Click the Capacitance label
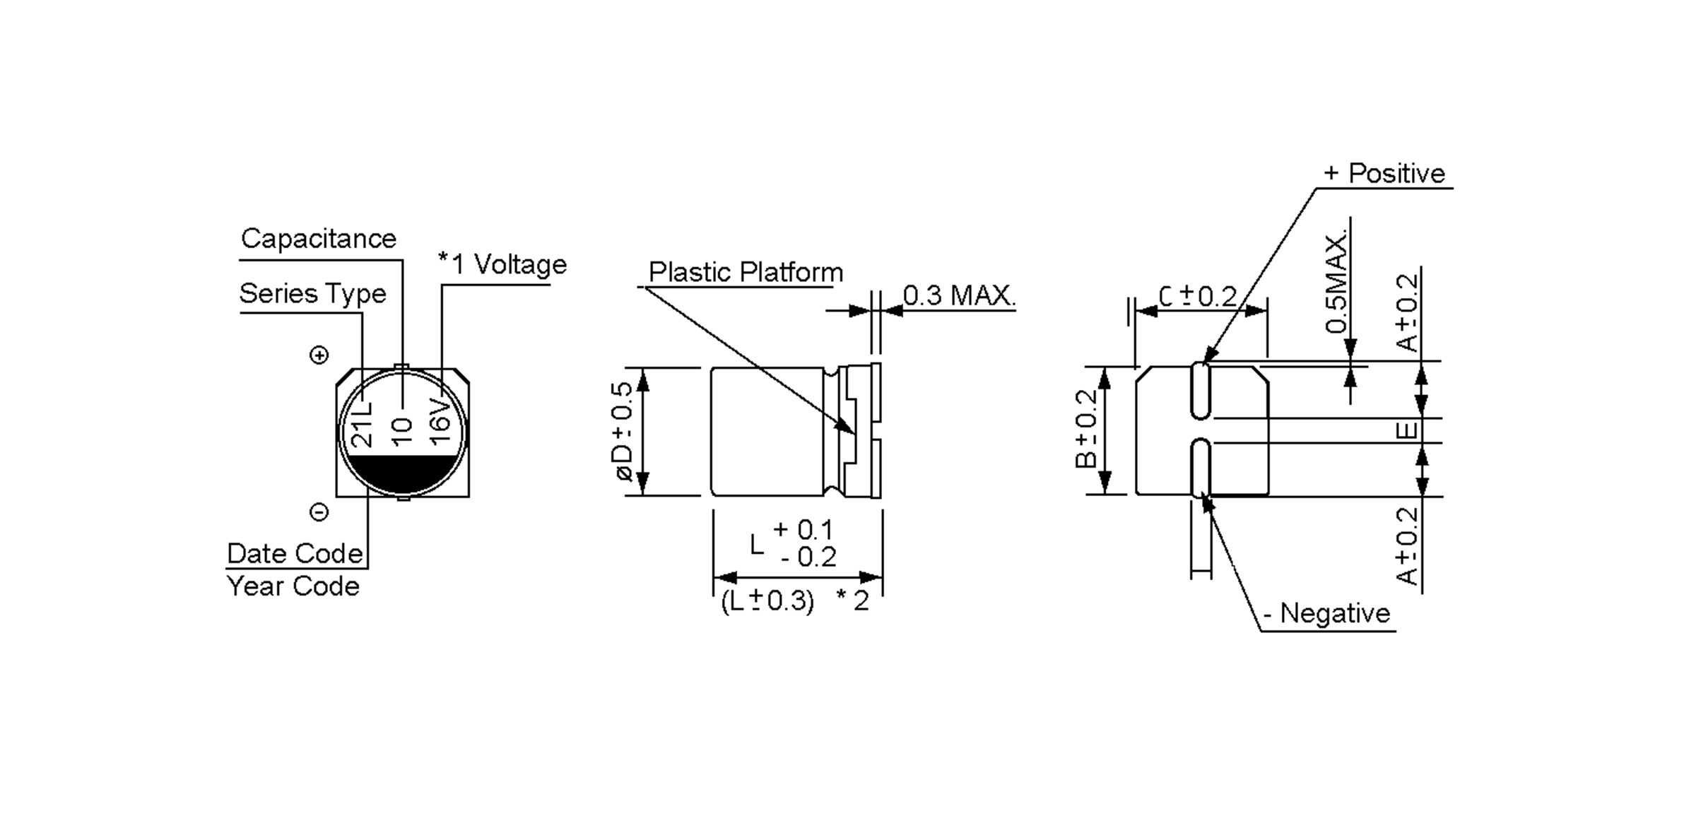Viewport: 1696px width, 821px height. (319, 239)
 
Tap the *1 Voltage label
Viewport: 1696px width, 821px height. (502, 264)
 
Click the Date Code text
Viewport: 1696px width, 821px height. (295, 553)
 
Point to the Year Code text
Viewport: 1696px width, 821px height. (293, 586)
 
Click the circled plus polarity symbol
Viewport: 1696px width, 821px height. (319, 355)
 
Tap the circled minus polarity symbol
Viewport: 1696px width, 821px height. (319, 512)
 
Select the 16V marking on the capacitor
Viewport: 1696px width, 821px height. (440, 422)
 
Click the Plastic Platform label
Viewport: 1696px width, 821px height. (746, 272)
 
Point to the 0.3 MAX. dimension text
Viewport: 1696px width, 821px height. (959, 295)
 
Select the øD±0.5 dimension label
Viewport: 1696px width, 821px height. (624, 432)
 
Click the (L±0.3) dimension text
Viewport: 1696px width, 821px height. (767, 601)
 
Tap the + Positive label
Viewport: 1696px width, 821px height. (1384, 173)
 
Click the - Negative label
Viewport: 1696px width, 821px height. (1326, 613)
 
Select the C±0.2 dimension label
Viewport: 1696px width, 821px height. (1198, 297)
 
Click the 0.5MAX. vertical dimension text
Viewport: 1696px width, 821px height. (1336, 283)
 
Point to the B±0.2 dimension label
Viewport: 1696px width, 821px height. (1086, 429)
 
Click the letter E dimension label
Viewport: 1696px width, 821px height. (1407, 430)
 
